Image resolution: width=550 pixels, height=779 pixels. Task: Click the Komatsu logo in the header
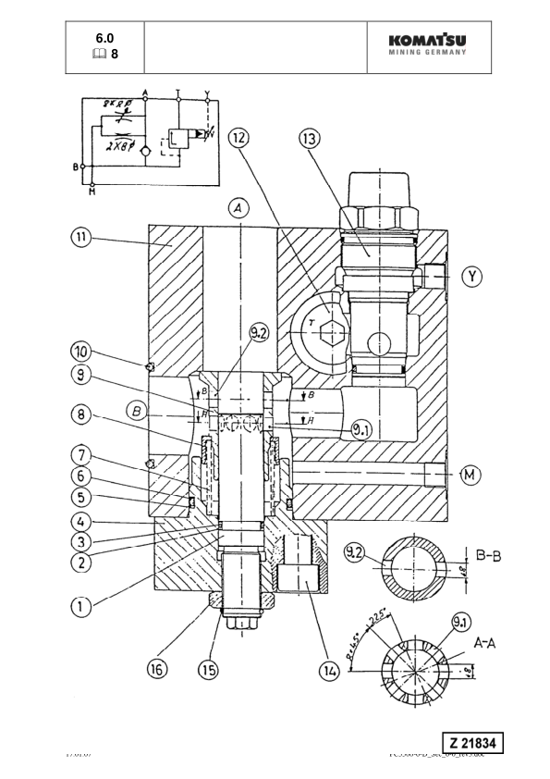tap(433, 45)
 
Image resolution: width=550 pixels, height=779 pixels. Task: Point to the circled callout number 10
tap(82, 351)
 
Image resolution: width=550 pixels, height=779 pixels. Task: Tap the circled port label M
tap(471, 476)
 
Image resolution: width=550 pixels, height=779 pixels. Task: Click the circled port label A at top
tap(239, 210)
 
